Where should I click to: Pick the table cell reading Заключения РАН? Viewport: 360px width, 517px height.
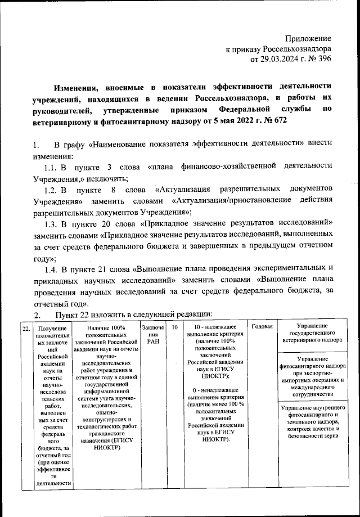point(152,334)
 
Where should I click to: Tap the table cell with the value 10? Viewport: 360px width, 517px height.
point(175,327)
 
